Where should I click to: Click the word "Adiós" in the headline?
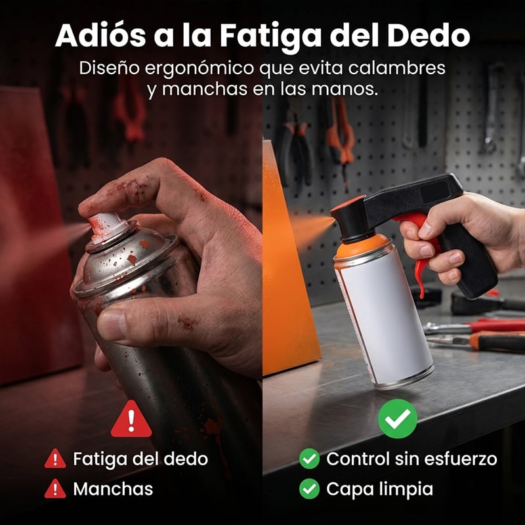click(100, 35)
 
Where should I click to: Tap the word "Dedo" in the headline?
click(429, 35)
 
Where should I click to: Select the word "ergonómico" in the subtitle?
click(199, 69)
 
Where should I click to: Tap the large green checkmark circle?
click(398, 419)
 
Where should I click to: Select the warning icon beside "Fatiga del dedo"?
click(55, 458)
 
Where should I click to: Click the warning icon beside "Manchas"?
click(55, 488)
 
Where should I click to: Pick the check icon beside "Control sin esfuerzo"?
click(309, 458)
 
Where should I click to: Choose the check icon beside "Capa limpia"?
click(309, 489)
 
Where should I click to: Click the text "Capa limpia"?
click(379, 490)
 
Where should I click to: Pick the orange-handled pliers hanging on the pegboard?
click(341, 140)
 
